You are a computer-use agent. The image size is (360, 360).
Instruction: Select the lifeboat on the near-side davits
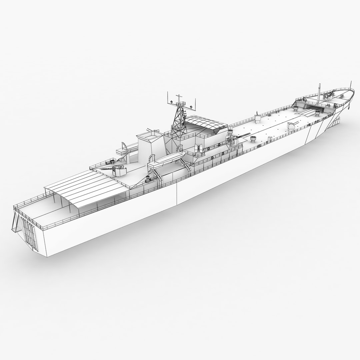point(165,159)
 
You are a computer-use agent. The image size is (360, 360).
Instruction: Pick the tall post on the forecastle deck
point(319,92)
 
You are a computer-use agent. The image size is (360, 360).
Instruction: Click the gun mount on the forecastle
point(328,95)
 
